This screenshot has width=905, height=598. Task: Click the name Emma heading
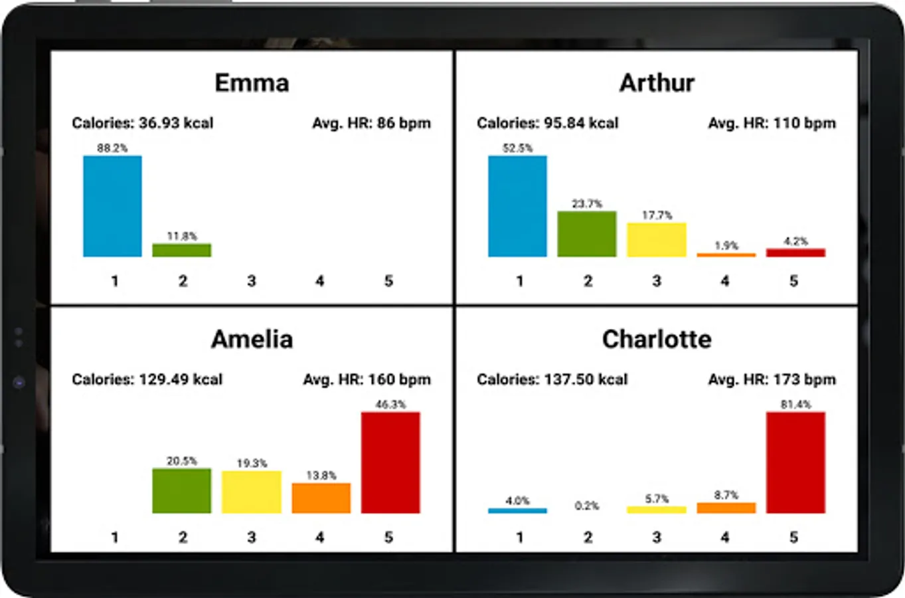(252, 83)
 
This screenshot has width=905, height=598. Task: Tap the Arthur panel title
(657, 83)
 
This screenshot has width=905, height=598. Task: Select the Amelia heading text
(252, 340)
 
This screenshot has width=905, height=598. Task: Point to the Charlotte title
(657, 340)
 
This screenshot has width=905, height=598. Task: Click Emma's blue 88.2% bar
(112, 206)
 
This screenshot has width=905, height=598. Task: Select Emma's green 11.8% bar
(182, 250)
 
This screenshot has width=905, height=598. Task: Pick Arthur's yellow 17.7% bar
(657, 239)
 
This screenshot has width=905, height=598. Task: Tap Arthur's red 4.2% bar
(795, 252)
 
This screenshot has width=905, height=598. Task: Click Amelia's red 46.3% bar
(390, 462)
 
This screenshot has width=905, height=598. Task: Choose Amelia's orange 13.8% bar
(321, 498)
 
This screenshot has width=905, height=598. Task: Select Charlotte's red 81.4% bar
(795, 462)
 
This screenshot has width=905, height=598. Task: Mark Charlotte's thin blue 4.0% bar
(517, 510)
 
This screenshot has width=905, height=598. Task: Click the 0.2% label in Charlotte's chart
(587, 506)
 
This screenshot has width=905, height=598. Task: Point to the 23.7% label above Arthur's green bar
(587, 204)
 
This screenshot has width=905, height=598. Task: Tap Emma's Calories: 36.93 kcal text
(143, 123)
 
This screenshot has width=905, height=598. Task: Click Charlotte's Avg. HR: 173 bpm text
(772, 379)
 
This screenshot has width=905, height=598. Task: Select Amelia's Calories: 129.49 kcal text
(147, 379)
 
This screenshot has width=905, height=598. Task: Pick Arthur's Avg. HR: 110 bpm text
(772, 123)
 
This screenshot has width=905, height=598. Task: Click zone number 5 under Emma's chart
(388, 281)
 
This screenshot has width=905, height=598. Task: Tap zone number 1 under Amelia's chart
(115, 537)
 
